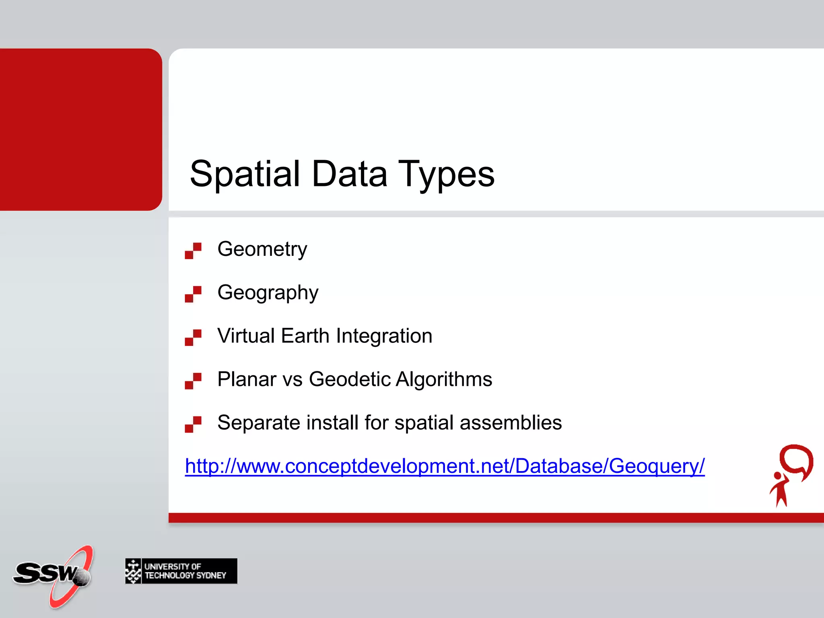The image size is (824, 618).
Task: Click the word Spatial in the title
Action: click(x=245, y=174)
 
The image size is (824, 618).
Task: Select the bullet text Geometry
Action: click(x=262, y=249)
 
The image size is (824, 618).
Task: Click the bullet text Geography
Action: click(x=268, y=293)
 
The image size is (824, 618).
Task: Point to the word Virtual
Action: click(x=246, y=336)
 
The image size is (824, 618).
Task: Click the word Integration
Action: click(x=384, y=336)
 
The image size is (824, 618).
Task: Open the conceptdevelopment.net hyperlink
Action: click(x=445, y=466)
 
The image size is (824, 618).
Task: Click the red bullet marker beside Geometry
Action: click(x=193, y=251)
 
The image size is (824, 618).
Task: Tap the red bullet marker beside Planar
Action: click(x=193, y=381)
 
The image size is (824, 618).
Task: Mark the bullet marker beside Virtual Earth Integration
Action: click(x=193, y=338)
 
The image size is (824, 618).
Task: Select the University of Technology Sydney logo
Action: click(x=181, y=571)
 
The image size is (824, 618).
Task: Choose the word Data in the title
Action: click(x=349, y=174)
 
